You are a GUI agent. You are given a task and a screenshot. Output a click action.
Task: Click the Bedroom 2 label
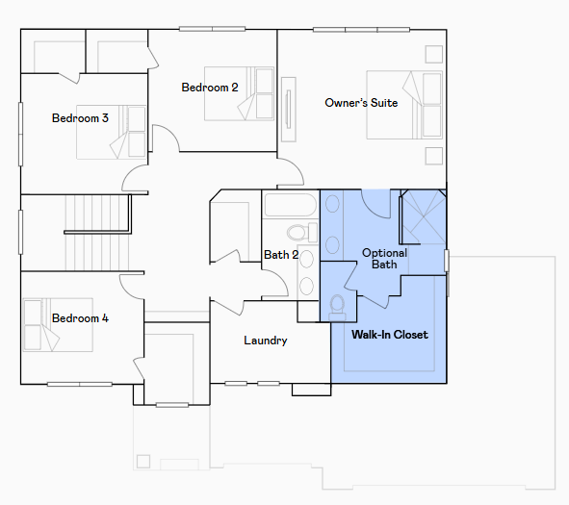tap(210, 88)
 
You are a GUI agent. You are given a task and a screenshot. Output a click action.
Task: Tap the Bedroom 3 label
tap(80, 118)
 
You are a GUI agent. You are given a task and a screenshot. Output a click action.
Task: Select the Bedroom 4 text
tap(80, 318)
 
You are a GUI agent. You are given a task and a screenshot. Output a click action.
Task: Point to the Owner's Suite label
tap(361, 103)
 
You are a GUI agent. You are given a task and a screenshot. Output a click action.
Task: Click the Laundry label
tap(266, 341)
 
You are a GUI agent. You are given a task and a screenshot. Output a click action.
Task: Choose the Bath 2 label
tap(281, 255)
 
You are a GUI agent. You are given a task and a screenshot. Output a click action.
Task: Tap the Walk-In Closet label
tap(390, 334)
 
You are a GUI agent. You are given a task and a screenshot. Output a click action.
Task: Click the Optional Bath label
tap(385, 259)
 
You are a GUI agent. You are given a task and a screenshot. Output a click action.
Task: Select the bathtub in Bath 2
tap(291, 205)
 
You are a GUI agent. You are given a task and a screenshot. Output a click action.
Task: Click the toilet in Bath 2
tap(302, 233)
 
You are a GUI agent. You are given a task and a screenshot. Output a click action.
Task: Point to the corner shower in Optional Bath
tap(423, 216)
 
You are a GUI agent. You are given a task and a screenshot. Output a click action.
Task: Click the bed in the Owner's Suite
tap(404, 105)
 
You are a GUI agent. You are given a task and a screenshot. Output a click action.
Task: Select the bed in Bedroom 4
tap(58, 325)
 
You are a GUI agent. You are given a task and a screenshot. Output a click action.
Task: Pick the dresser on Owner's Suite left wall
tap(289, 109)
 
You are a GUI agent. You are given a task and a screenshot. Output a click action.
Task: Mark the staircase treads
tap(97, 233)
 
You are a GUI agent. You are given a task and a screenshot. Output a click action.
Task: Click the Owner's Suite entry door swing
tap(291, 172)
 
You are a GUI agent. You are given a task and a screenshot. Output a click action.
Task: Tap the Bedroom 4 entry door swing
tap(132, 287)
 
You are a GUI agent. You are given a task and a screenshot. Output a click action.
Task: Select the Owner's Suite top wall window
tap(361, 30)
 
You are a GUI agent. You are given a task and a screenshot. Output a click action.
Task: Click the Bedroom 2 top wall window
tap(212, 29)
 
